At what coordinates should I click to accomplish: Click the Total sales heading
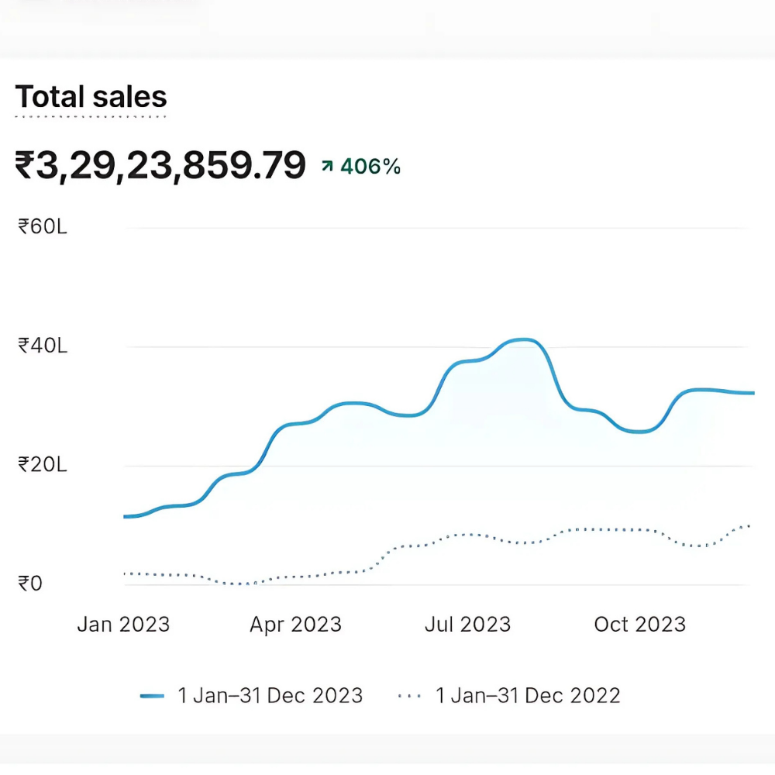click(x=91, y=98)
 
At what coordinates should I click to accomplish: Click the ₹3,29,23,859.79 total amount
click(x=160, y=166)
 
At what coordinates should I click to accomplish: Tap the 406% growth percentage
click(x=370, y=166)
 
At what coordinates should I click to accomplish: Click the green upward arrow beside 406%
click(x=328, y=166)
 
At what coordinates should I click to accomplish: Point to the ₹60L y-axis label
click(x=43, y=226)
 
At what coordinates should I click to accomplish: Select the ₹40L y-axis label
click(x=43, y=345)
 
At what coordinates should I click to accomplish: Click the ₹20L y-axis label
click(x=43, y=464)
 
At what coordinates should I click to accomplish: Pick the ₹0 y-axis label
click(x=31, y=583)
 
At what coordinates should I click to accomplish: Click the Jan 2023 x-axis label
click(x=123, y=625)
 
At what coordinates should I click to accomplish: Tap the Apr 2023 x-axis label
click(x=295, y=625)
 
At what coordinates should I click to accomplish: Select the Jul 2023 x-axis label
click(x=467, y=625)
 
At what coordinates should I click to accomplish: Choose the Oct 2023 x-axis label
click(x=639, y=625)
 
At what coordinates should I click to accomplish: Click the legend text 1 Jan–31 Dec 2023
click(x=270, y=696)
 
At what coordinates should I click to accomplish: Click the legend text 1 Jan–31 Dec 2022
click(x=528, y=696)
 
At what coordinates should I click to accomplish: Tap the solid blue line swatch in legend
click(x=152, y=696)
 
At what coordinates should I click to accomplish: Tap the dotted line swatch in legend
click(x=409, y=696)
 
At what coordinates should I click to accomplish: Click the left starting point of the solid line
click(x=126, y=516)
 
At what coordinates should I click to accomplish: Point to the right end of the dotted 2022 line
click(x=749, y=526)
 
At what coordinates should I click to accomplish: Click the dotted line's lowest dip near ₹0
click(x=242, y=584)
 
